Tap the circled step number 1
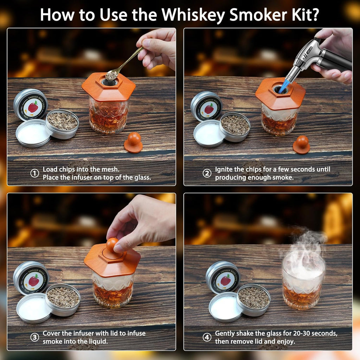pos(34,173)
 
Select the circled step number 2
pos(207,173)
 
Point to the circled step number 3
pos(34,337)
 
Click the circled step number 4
pos(207,337)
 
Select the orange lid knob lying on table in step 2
pos(301,144)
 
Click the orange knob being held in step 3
pos(112,245)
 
